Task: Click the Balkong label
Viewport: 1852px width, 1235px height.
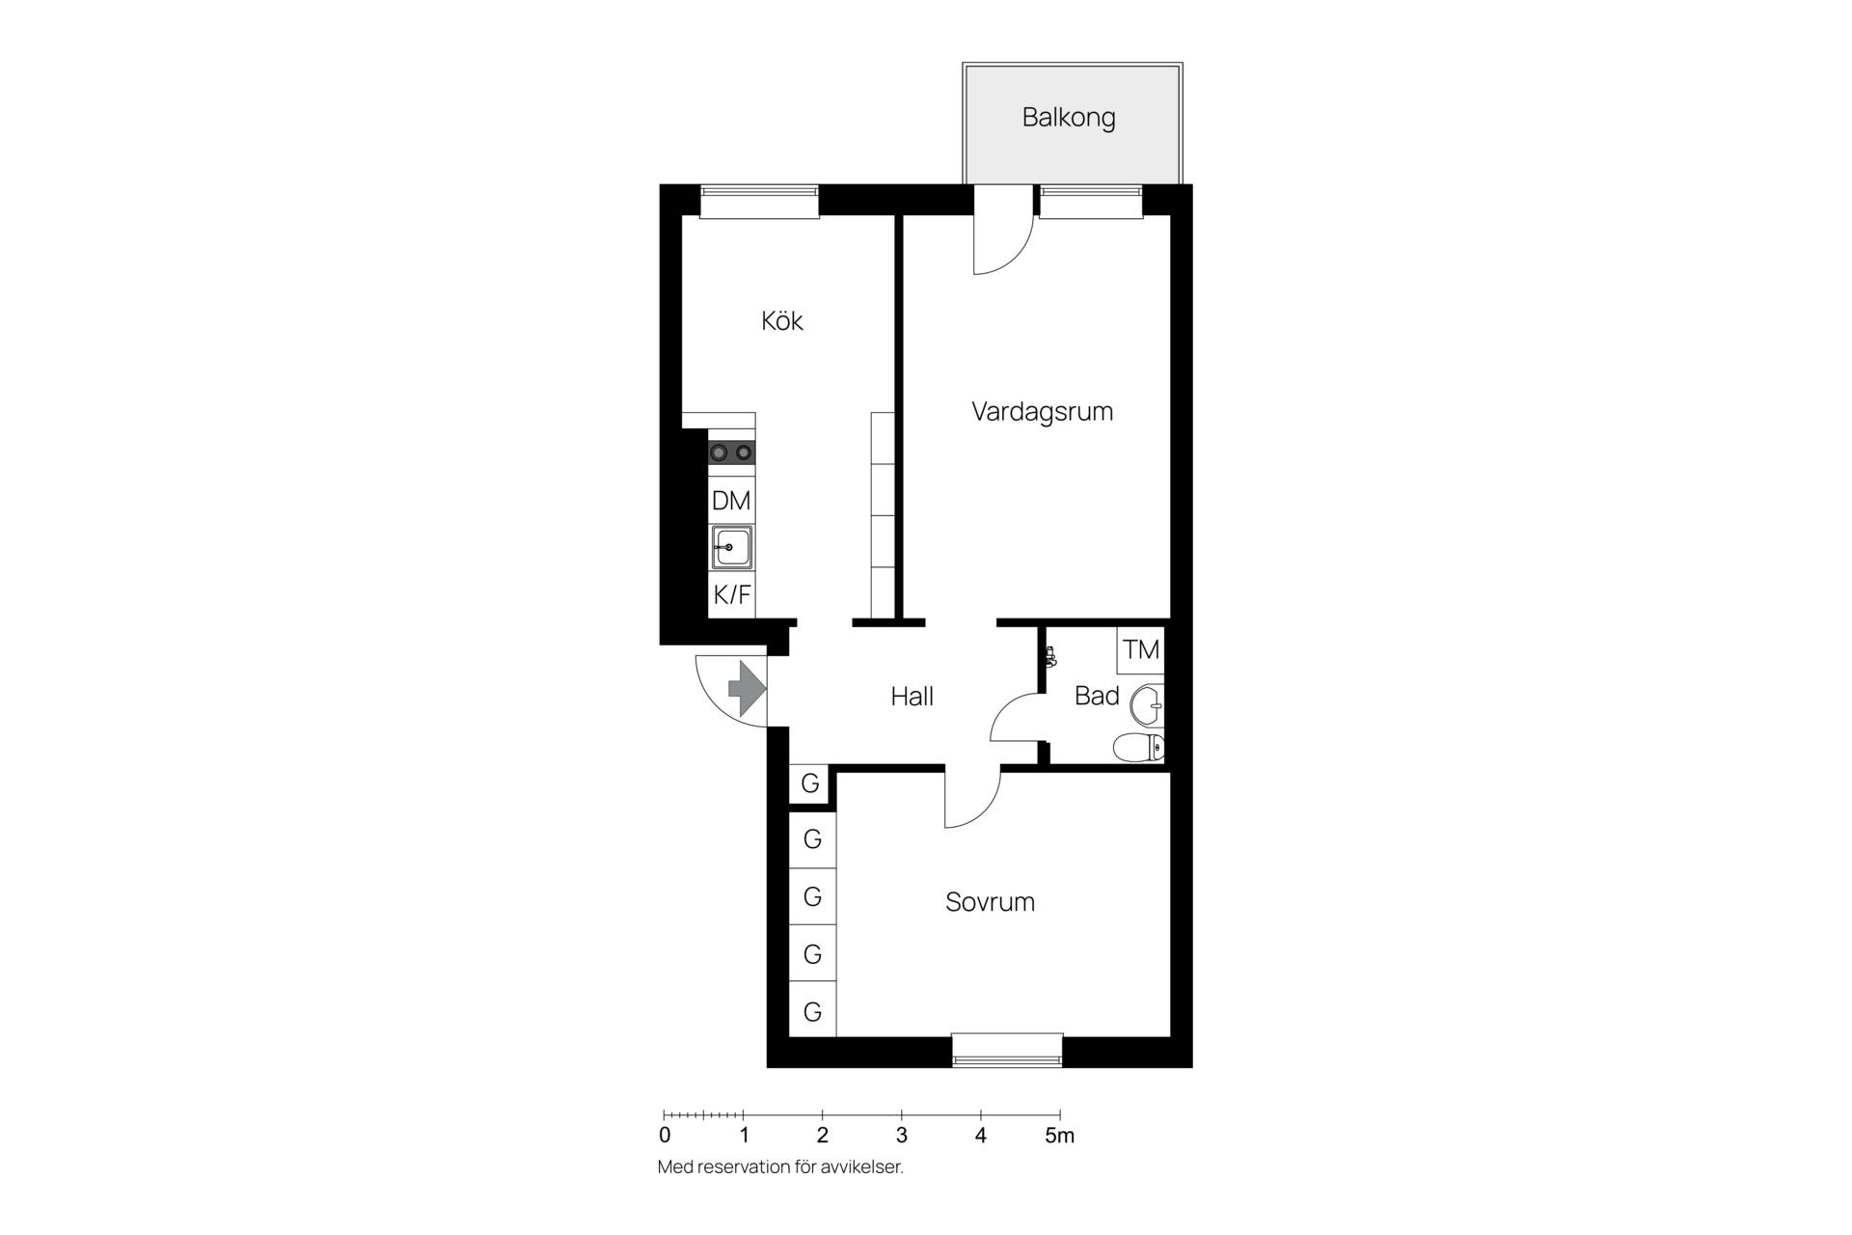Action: (1069, 118)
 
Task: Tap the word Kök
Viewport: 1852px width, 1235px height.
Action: (782, 320)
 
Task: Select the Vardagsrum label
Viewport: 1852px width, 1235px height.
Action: (1042, 412)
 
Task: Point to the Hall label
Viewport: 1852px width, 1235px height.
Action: (912, 696)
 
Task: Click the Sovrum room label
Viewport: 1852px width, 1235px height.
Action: (990, 902)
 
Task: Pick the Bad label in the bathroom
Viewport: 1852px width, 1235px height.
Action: (1097, 696)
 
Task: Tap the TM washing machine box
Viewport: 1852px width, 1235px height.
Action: (1141, 649)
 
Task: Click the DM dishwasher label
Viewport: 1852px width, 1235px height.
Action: (731, 501)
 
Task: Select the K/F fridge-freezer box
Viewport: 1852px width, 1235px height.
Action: (732, 594)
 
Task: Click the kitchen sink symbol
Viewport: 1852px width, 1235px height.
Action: (732, 548)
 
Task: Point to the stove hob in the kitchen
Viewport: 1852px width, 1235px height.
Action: (731, 452)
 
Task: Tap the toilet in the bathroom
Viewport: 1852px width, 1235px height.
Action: (1139, 747)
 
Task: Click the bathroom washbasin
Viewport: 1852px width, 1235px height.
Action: (1147, 704)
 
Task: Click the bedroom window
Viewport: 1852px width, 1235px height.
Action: (1007, 1051)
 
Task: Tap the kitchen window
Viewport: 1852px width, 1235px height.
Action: (759, 201)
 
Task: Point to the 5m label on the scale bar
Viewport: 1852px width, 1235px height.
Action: (1059, 1136)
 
